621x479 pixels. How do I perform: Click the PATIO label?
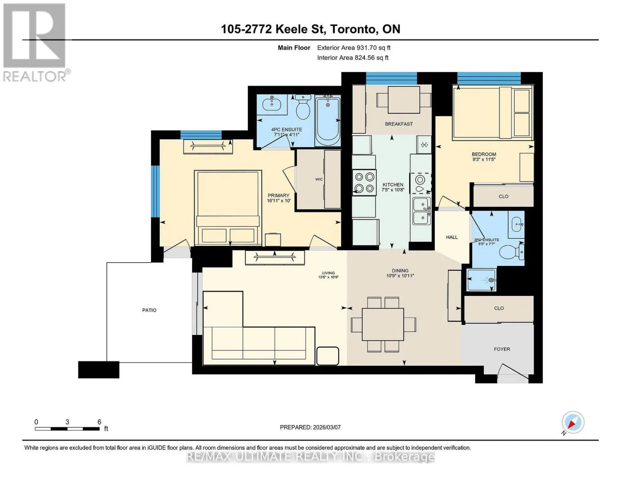click(x=149, y=310)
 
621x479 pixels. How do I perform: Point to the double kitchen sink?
click(x=422, y=211)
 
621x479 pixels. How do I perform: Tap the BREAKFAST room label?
click(x=399, y=124)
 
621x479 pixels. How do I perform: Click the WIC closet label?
click(x=319, y=179)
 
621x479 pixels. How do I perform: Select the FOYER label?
click(x=502, y=349)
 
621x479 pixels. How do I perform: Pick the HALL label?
click(x=452, y=237)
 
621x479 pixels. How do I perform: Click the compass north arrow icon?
click(x=573, y=423)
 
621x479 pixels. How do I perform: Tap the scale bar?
click(x=67, y=429)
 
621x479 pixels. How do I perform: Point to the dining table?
click(x=383, y=324)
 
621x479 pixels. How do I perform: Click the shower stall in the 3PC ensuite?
click(x=481, y=280)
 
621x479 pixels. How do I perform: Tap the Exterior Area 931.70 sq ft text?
click(x=354, y=48)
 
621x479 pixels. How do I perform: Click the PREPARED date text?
click(x=310, y=428)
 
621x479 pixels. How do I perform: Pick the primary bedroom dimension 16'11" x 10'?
click(x=279, y=201)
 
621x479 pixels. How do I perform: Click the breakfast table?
click(x=404, y=100)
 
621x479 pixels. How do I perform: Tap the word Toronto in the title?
click(x=353, y=29)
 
